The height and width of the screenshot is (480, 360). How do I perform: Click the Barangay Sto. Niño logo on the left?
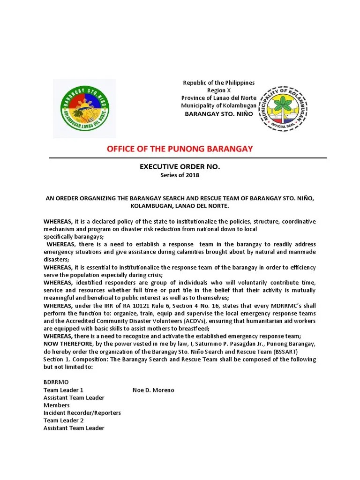pos(85,109)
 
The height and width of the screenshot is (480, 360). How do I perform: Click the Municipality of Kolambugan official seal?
pos(284,109)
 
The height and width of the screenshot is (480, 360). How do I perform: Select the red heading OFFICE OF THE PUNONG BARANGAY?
pos(180,149)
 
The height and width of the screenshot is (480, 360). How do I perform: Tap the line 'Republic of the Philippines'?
pos(218,83)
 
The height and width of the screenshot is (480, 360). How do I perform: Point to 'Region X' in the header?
pos(219,90)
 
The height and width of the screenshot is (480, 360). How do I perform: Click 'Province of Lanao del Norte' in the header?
pos(218,97)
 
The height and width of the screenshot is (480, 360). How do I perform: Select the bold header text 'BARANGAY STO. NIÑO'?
pos(218,114)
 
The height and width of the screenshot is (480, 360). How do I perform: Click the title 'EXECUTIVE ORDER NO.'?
pos(180,167)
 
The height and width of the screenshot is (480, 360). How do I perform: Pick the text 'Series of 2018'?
pos(180,175)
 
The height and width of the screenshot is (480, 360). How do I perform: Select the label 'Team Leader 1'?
pos(63,390)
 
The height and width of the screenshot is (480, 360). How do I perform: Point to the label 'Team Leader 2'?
pos(63,420)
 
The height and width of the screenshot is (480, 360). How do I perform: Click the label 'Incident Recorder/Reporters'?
pos(82,412)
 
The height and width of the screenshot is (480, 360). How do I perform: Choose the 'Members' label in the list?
pos(56,405)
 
